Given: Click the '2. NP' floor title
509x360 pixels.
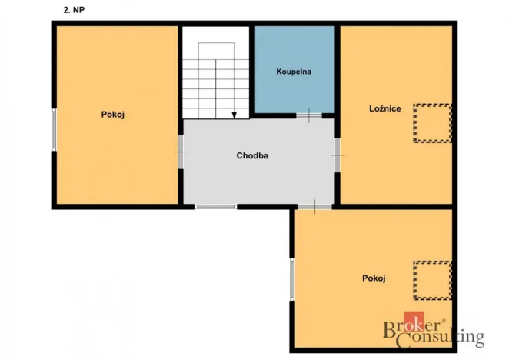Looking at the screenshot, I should [75, 12].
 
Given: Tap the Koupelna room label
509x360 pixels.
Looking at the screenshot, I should [294, 72].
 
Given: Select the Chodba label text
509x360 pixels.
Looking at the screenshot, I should [252, 155].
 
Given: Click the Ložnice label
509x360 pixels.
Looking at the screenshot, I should [384, 108].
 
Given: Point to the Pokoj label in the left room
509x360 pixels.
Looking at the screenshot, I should [113, 115].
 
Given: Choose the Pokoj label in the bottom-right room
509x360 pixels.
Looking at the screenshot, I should [373, 278].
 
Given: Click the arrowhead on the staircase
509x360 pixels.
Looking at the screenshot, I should [234, 115].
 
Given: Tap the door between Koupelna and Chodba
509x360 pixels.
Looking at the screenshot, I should [308, 117].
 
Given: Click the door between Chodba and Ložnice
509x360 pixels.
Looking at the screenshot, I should [337, 155].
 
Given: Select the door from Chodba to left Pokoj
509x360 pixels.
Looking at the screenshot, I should [181, 152].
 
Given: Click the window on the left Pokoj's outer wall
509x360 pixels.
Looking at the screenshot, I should [54, 128].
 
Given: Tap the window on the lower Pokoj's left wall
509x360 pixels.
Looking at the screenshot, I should [292, 278].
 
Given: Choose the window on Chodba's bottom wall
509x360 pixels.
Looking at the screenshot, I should [216, 206].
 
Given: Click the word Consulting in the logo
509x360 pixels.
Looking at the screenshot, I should [445, 337].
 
